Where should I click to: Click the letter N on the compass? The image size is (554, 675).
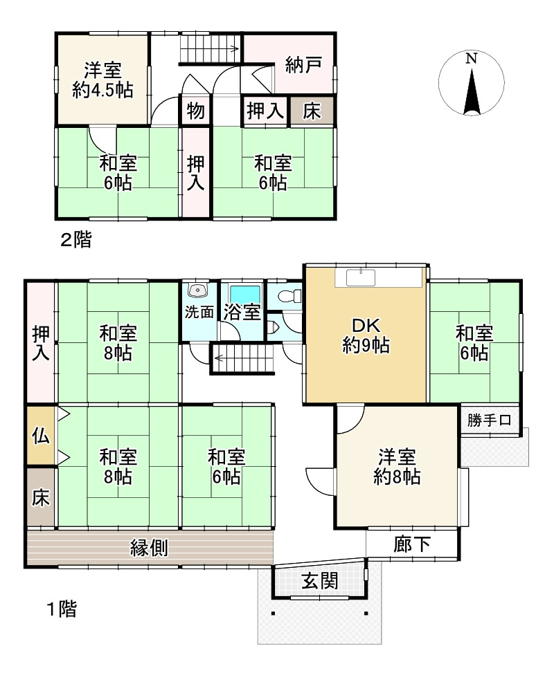point(472,59)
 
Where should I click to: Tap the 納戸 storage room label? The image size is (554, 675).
point(303,65)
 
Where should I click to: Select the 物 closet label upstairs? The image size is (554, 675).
point(196,111)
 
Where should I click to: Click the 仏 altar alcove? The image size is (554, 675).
point(41,436)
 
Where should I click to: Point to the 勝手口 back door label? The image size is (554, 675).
point(490,420)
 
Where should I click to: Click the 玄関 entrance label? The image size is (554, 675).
point(319,582)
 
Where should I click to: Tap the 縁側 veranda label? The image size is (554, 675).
point(149,548)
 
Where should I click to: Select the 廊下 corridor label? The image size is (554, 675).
point(412,544)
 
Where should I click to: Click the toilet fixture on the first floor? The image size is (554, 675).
point(286,296)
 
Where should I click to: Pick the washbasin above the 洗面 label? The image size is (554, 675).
point(198,290)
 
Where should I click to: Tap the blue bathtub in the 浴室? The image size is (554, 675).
point(245,294)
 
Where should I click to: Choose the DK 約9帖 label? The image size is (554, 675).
point(366,336)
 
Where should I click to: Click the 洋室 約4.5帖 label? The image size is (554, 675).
point(102,80)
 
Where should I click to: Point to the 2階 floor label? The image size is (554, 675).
point(76,239)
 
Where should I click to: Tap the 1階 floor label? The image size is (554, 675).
point(62,609)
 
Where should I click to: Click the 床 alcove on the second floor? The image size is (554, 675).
point(311,111)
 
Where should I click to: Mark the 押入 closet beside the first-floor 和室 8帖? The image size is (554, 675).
point(41,342)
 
